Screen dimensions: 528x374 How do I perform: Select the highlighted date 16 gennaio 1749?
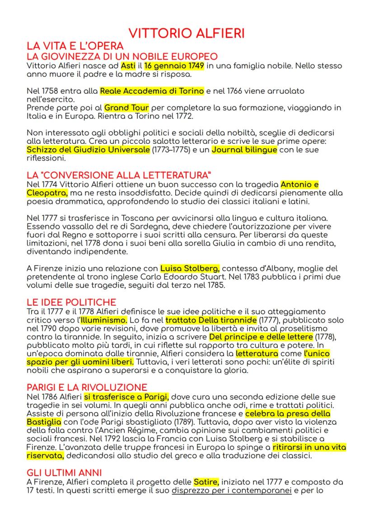pos(174,66)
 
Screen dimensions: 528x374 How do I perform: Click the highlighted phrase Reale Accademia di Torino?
pos(152,91)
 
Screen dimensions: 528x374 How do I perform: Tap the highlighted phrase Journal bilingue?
pos(244,150)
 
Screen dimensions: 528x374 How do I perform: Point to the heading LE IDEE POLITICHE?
pos(71,302)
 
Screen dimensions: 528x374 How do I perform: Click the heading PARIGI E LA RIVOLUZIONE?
pos(87,387)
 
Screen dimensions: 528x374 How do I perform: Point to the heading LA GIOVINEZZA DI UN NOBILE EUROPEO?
pos(122,57)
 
